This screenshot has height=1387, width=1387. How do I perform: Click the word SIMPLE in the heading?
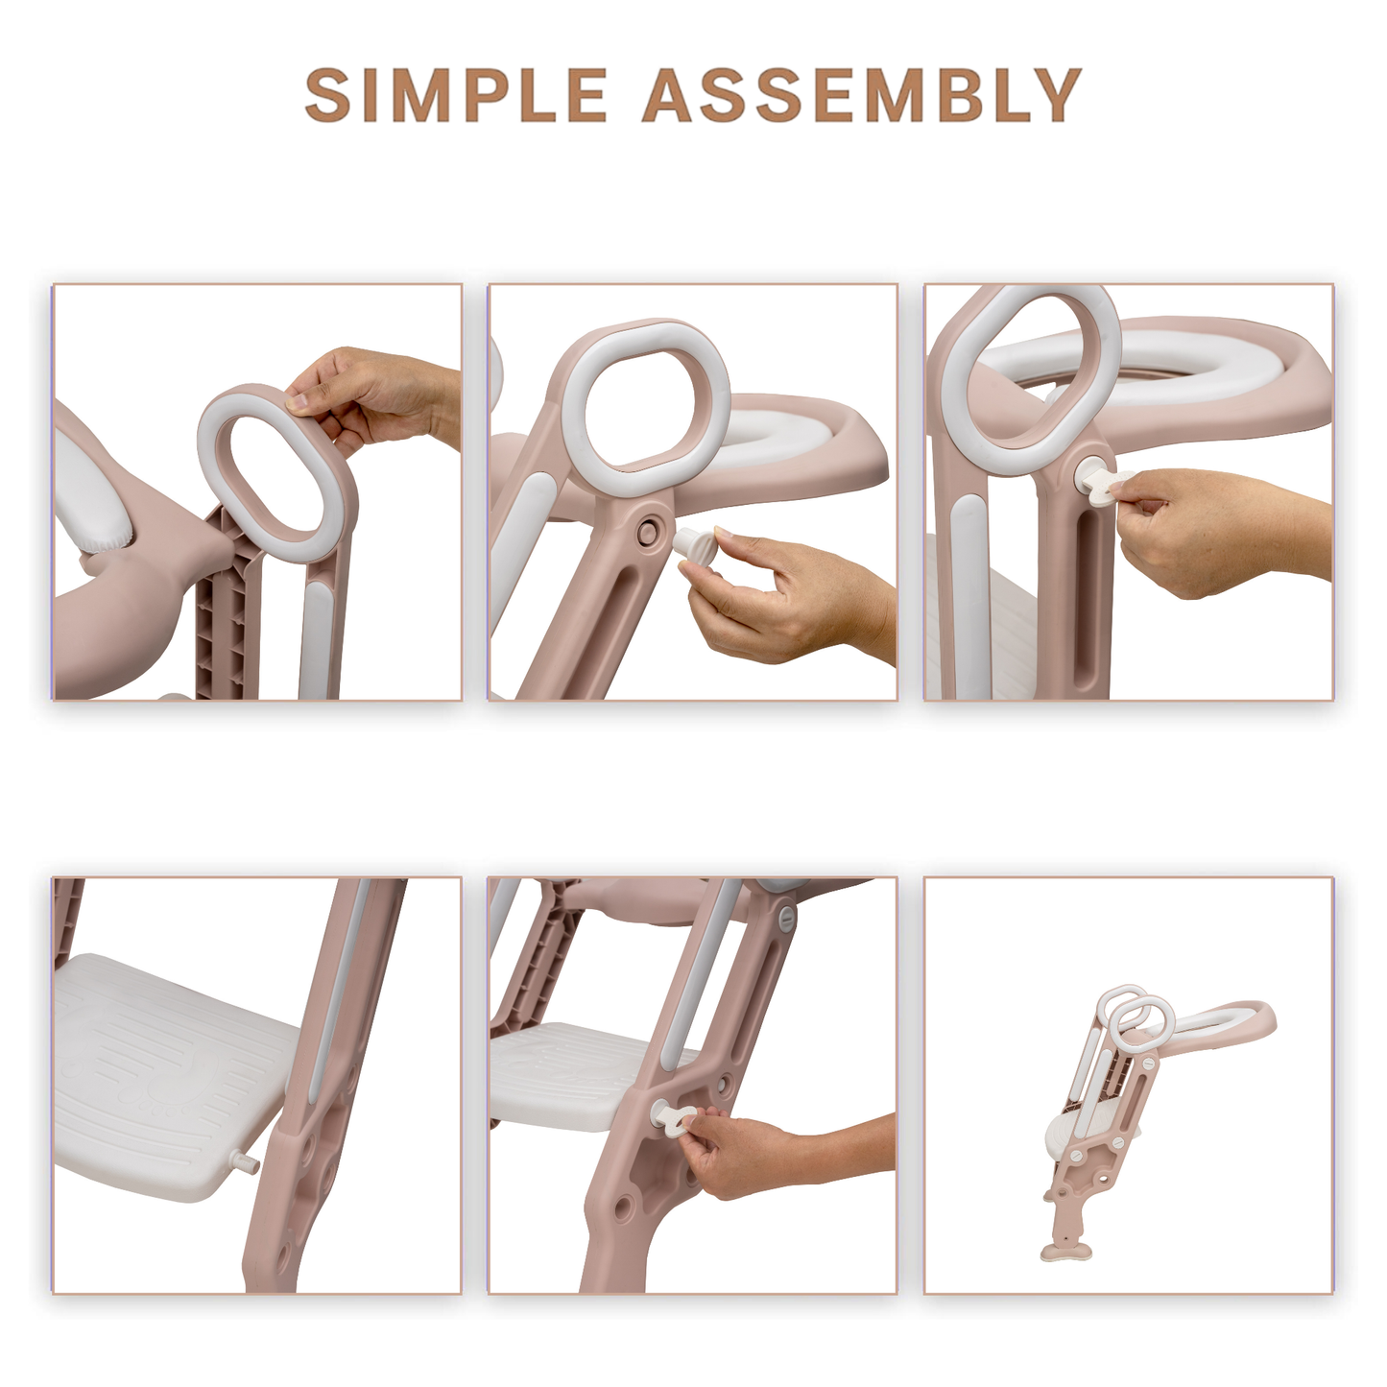click(x=456, y=95)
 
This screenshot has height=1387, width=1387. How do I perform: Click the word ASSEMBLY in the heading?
click(x=862, y=95)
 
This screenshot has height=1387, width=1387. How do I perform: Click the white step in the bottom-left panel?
click(x=173, y=1072)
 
